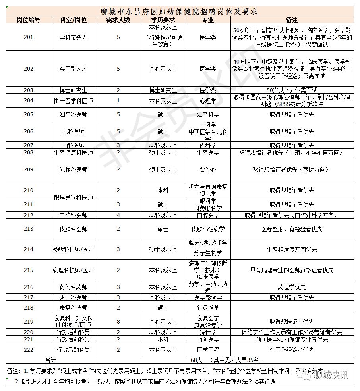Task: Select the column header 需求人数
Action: click(118, 20)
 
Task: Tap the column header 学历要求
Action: click(163, 20)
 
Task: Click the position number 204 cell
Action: click(29, 100)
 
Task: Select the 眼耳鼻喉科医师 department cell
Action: click(73, 197)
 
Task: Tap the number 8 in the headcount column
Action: click(118, 321)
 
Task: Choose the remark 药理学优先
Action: click(292, 287)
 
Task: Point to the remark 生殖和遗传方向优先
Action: click(292, 249)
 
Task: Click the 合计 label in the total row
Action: click(51, 360)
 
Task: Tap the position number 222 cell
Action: click(29, 350)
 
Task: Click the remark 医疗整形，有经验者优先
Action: click(292, 229)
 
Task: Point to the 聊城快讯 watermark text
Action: click(330, 375)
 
